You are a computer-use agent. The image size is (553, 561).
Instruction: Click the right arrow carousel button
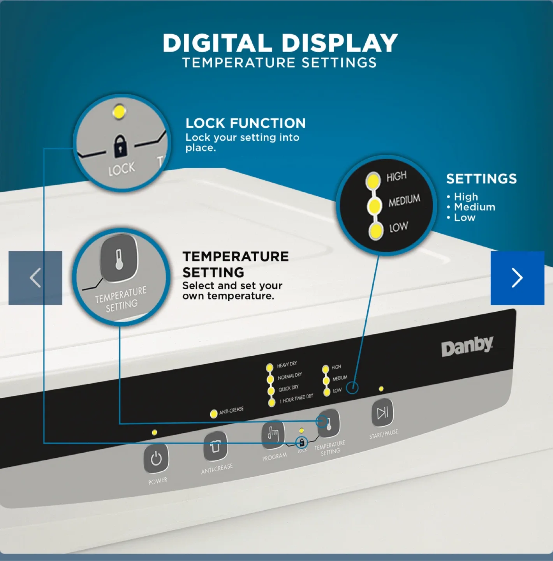[517, 278]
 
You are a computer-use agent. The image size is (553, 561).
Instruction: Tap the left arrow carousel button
[35, 278]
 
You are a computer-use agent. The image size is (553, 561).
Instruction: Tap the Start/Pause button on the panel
[382, 413]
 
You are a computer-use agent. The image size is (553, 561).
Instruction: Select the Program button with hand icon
[273, 433]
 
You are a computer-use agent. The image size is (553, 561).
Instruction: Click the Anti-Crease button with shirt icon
[215, 446]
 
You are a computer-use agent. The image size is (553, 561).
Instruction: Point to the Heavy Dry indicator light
[269, 367]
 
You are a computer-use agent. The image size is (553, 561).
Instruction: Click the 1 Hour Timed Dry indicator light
[272, 402]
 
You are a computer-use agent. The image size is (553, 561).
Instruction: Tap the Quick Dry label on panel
[289, 388]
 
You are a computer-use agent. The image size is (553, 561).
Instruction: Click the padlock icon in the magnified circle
[120, 146]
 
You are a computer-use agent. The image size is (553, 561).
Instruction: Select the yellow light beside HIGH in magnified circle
[373, 180]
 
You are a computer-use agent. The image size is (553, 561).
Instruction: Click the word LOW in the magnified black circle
[398, 227]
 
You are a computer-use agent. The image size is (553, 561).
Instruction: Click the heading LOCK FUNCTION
[245, 123]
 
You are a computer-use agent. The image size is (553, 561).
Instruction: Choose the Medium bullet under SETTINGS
[474, 207]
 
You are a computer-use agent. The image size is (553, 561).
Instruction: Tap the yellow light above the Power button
[155, 432]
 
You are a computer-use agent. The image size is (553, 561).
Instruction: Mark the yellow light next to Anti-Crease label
[213, 414]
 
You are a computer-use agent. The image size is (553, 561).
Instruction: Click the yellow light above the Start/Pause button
[381, 389]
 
